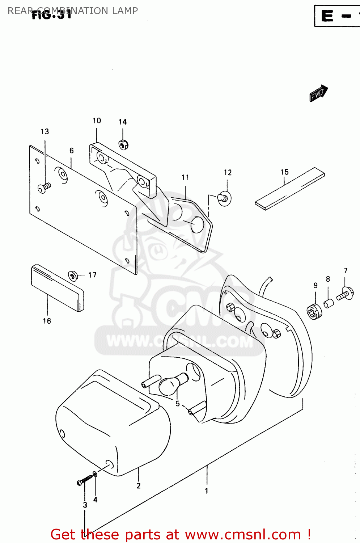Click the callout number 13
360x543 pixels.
pos(45,132)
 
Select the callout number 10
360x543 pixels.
pos(97,121)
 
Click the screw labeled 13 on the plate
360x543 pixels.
pos(44,188)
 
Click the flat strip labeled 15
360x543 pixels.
pos(289,189)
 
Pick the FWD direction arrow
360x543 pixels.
pos(318,93)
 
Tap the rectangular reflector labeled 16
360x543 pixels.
pos(58,288)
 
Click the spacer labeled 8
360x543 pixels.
pos(329,303)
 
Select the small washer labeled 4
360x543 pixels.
pos(95,474)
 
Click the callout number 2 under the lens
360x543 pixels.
pos(139,486)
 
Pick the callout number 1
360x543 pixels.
pos(207,491)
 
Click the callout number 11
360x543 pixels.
pos(185,177)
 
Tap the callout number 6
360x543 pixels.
pos(72,151)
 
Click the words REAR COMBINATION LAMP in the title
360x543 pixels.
pos(72,11)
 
